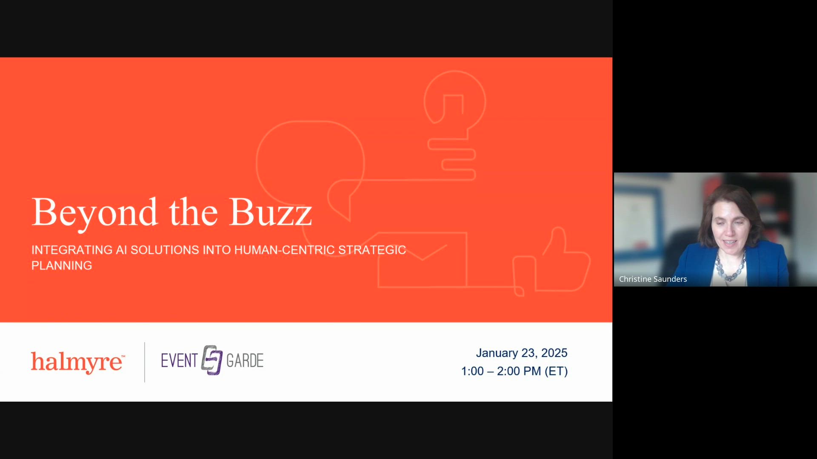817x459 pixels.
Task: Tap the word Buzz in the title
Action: click(271, 212)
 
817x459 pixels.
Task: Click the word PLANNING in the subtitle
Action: click(62, 266)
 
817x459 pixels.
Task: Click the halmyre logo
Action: click(78, 362)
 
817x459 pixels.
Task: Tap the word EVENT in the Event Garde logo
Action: click(179, 361)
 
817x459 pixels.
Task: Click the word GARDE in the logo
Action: click(245, 361)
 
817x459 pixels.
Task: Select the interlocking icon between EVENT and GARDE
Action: click(212, 360)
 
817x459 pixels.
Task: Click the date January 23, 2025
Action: click(521, 353)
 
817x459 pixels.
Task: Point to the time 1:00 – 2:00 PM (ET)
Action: click(514, 371)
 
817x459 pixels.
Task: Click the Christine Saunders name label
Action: click(653, 279)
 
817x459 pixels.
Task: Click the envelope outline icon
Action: click(422, 260)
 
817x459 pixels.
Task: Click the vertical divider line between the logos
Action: click(145, 362)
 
